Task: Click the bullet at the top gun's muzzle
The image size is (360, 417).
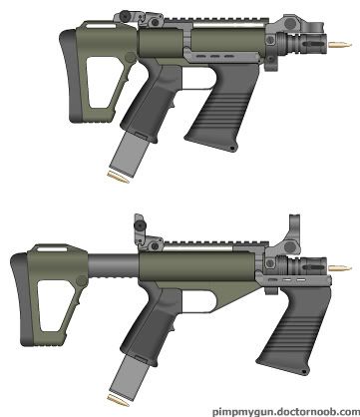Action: coord(340,44)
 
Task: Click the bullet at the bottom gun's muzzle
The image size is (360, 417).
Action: coord(340,267)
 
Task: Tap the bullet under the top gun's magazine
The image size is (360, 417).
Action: coord(118,175)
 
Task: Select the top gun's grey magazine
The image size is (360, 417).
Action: coord(129,152)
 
